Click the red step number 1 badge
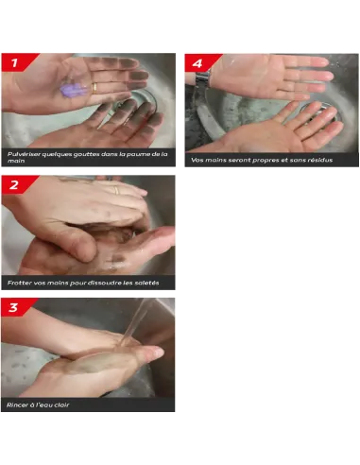[x=17, y=62]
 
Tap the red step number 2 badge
[x=17, y=184]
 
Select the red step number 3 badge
[x=17, y=307]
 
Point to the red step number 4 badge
[x=200, y=63]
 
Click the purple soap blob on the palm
[x=73, y=90]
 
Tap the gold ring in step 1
[x=94, y=88]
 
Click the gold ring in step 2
[x=116, y=190]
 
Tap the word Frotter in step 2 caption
[x=19, y=283]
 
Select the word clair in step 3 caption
[x=61, y=405]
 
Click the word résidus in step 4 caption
[x=320, y=160]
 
